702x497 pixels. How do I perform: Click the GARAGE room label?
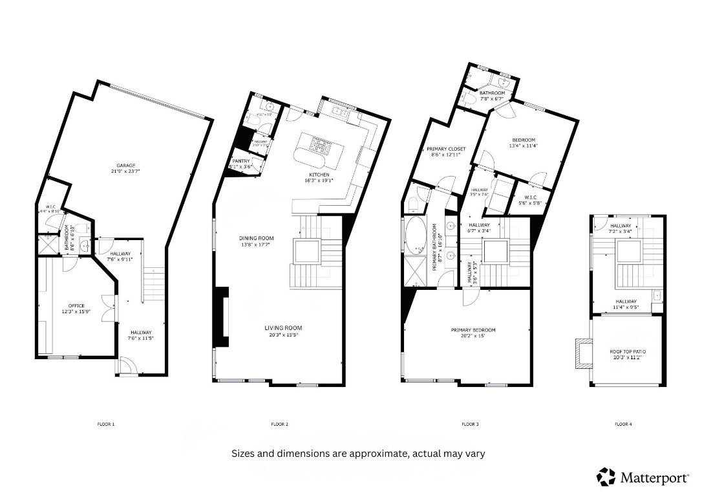click(x=126, y=166)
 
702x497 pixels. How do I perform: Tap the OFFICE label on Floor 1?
click(x=77, y=305)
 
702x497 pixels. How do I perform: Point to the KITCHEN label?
click(x=319, y=175)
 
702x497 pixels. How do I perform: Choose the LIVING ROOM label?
click(x=283, y=328)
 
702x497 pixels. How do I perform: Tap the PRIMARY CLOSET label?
click(x=446, y=149)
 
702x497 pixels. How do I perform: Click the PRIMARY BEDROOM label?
click(x=473, y=330)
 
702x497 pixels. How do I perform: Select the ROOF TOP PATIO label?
click(x=628, y=351)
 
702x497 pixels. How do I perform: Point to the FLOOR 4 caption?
click(x=623, y=425)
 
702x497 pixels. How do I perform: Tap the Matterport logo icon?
click(x=606, y=477)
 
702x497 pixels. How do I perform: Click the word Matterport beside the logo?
click(x=654, y=478)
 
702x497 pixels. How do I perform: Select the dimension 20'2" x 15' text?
click(x=473, y=337)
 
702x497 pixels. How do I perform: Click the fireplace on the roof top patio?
click(x=584, y=354)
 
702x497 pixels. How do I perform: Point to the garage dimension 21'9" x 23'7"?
click(x=126, y=172)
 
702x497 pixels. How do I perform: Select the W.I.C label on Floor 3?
click(x=531, y=197)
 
